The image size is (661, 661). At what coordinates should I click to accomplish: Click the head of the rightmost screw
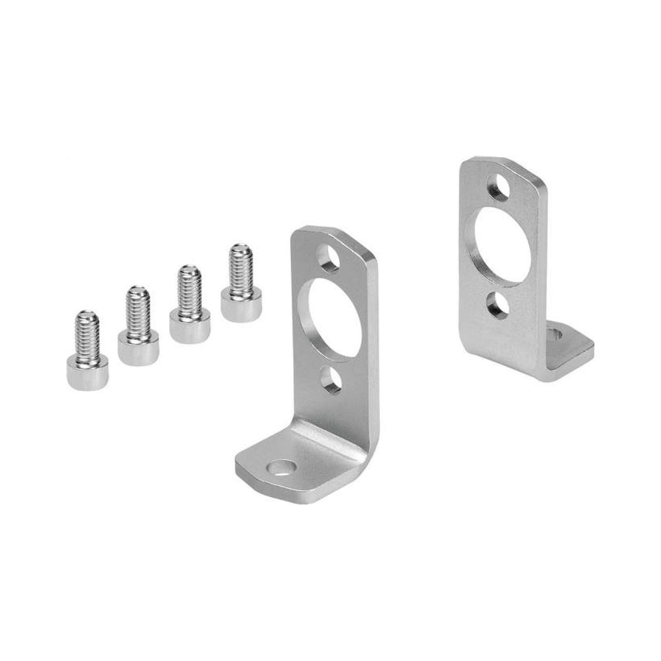click(241, 305)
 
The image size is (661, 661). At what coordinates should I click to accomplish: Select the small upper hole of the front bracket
click(329, 256)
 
